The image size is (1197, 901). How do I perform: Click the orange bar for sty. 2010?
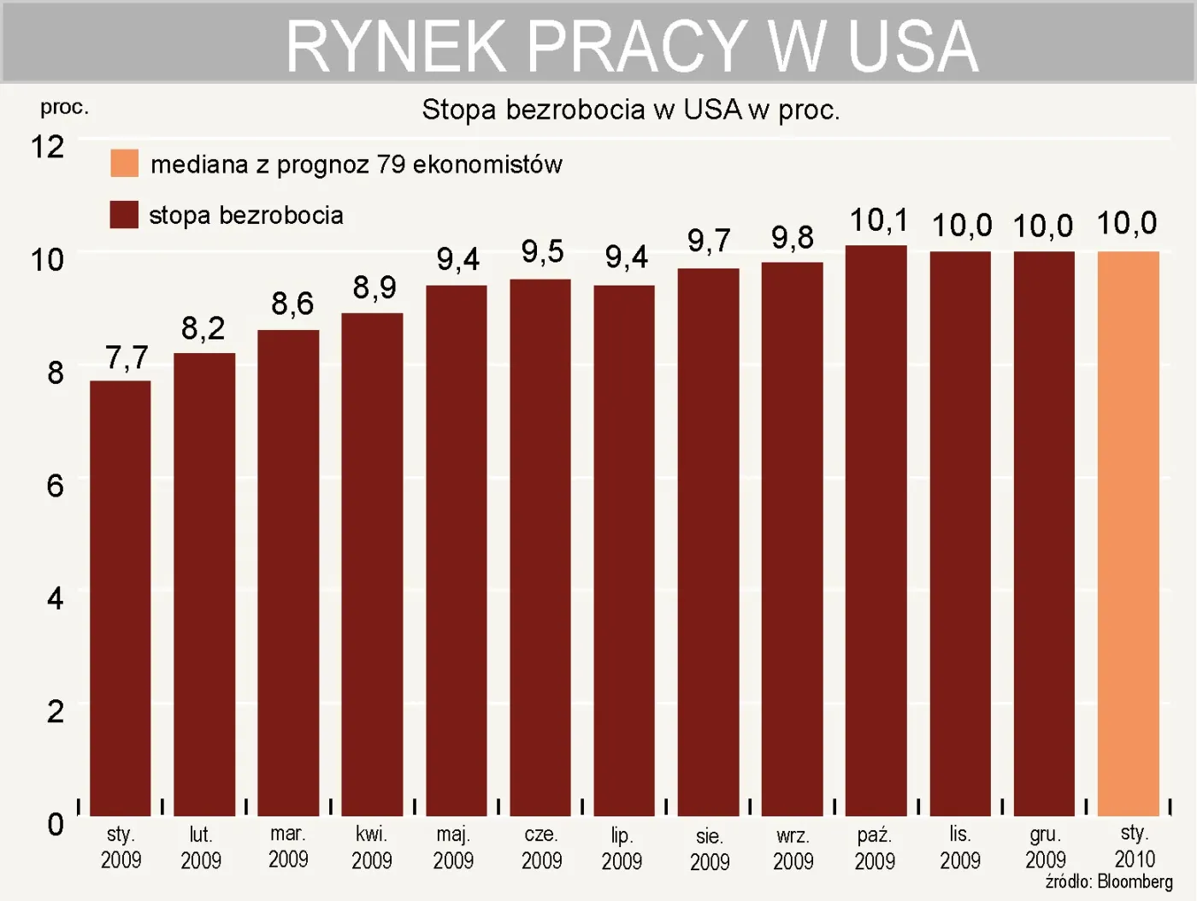click(x=1128, y=533)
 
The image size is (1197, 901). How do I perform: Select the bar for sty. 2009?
click(x=121, y=598)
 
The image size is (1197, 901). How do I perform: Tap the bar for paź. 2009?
click(x=876, y=530)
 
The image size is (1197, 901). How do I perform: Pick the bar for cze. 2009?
click(x=540, y=547)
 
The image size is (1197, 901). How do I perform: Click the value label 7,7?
click(x=127, y=357)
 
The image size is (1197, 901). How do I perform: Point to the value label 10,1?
click(x=878, y=221)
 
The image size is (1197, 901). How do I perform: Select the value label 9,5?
click(x=542, y=251)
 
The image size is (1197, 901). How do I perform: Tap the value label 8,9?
click(x=374, y=287)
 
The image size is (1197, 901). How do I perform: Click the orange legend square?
click(x=125, y=163)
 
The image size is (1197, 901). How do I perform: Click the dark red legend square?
click(x=125, y=215)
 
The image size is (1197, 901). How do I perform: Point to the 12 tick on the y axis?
click(x=48, y=147)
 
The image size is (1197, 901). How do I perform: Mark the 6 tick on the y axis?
click(x=55, y=486)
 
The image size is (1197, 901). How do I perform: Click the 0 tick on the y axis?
click(x=55, y=824)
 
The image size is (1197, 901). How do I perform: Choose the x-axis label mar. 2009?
click(x=288, y=846)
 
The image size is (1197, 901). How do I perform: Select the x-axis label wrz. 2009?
click(x=793, y=848)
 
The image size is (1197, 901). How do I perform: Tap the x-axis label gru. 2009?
click(x=1045, y=847)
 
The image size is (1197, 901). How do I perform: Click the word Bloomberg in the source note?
click(x=1135, y=881)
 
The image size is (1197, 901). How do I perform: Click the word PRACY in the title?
click(x=636, y=46)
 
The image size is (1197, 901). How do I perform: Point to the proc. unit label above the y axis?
click(x=64, y=108)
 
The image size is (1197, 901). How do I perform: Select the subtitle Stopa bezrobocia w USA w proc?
click(x=631, y=110)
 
